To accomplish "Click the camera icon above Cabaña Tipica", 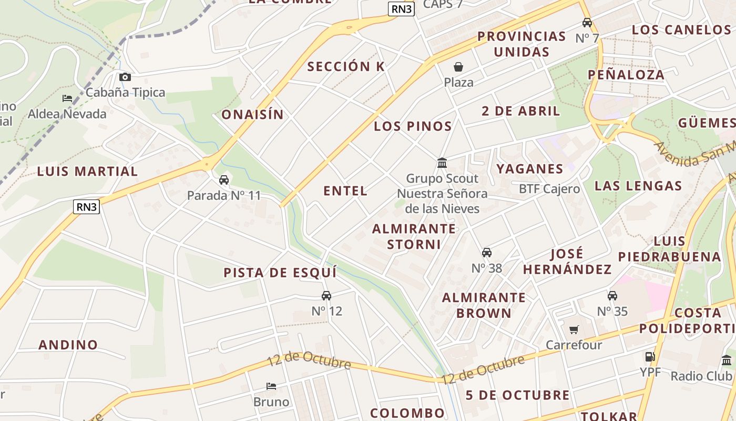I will pyautogui.click(x=125, y=77).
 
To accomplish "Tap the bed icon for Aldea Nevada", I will pyautogui.click(x=67, y=98).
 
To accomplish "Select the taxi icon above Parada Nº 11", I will pyautogui.click(x=224, y=180).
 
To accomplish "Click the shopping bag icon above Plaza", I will pyautogui.click(x=458, y=67).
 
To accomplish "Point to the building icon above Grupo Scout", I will pyautogui.click(x=442, y=163).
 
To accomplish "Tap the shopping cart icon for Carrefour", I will pyautogui.click(x=574, y=330).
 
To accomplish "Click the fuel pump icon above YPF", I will pyautogui.click(x=650, y=357).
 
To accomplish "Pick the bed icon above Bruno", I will pyautogui.click(x=271, y=386).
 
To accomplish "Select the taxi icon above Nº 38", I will pyautogui.click(x=487, y=253).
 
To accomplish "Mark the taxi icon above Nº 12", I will pyautogui.click(x=326, y=296).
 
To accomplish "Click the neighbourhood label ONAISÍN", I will pyautogui.click(x=252, y=115).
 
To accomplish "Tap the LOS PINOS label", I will pyautogui.click(x=413, y=126).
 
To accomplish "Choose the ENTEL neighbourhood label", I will pyautogui.click(x=345, y=191).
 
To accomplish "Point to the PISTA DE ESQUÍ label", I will pyautogui.click(x=280, y=273).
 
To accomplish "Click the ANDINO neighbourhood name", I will pyautogui.click(x=68, y=345).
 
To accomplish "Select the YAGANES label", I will pyautogui.click(x=530, y=169).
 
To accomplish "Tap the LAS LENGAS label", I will pyautogui.click(x=638, y=186).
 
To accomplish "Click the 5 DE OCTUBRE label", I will pyautogui.click(x=517, y=395).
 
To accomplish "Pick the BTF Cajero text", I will pyautogui.click(x=549, y=189).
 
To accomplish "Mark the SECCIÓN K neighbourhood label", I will pyautogui.click(x=346, y=67).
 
